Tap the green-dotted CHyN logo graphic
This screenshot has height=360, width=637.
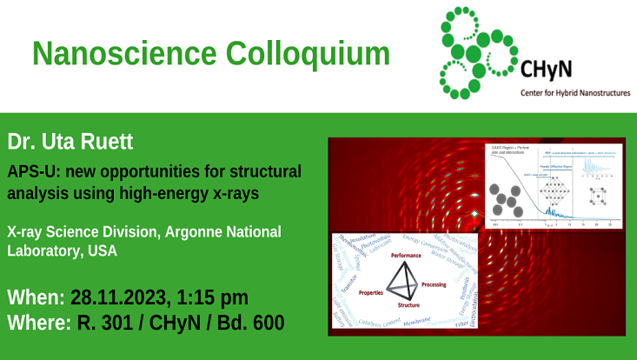tap(477, 52)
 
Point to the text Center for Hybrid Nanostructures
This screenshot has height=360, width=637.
tap(574, 91)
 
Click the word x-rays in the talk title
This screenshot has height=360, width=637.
tap(236, 193)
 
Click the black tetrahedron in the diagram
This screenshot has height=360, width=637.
tap(404, 282)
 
